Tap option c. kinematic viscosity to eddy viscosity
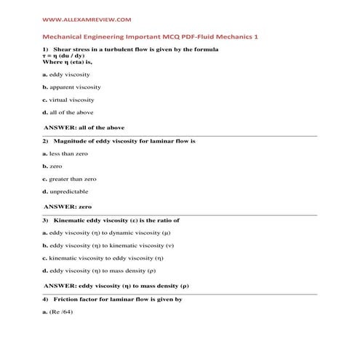(103, 257)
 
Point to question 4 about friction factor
(115, 299)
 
